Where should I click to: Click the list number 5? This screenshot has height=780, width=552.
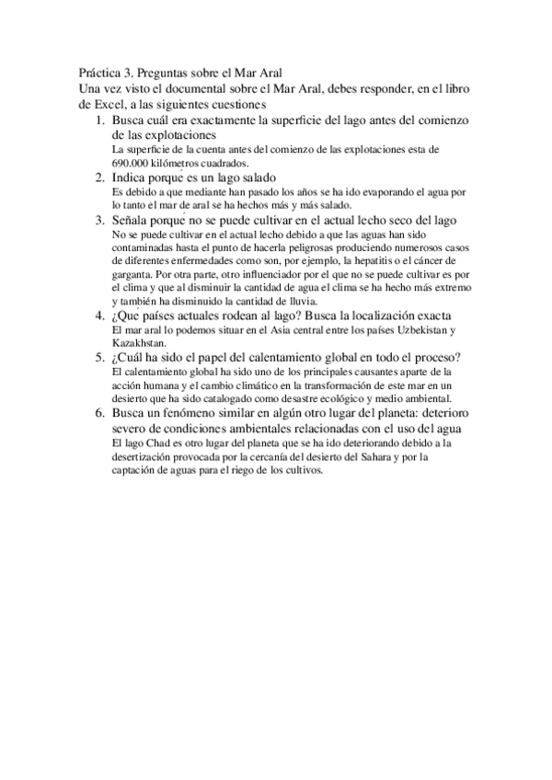(100, 357)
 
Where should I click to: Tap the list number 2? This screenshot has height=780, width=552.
(100, 177)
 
